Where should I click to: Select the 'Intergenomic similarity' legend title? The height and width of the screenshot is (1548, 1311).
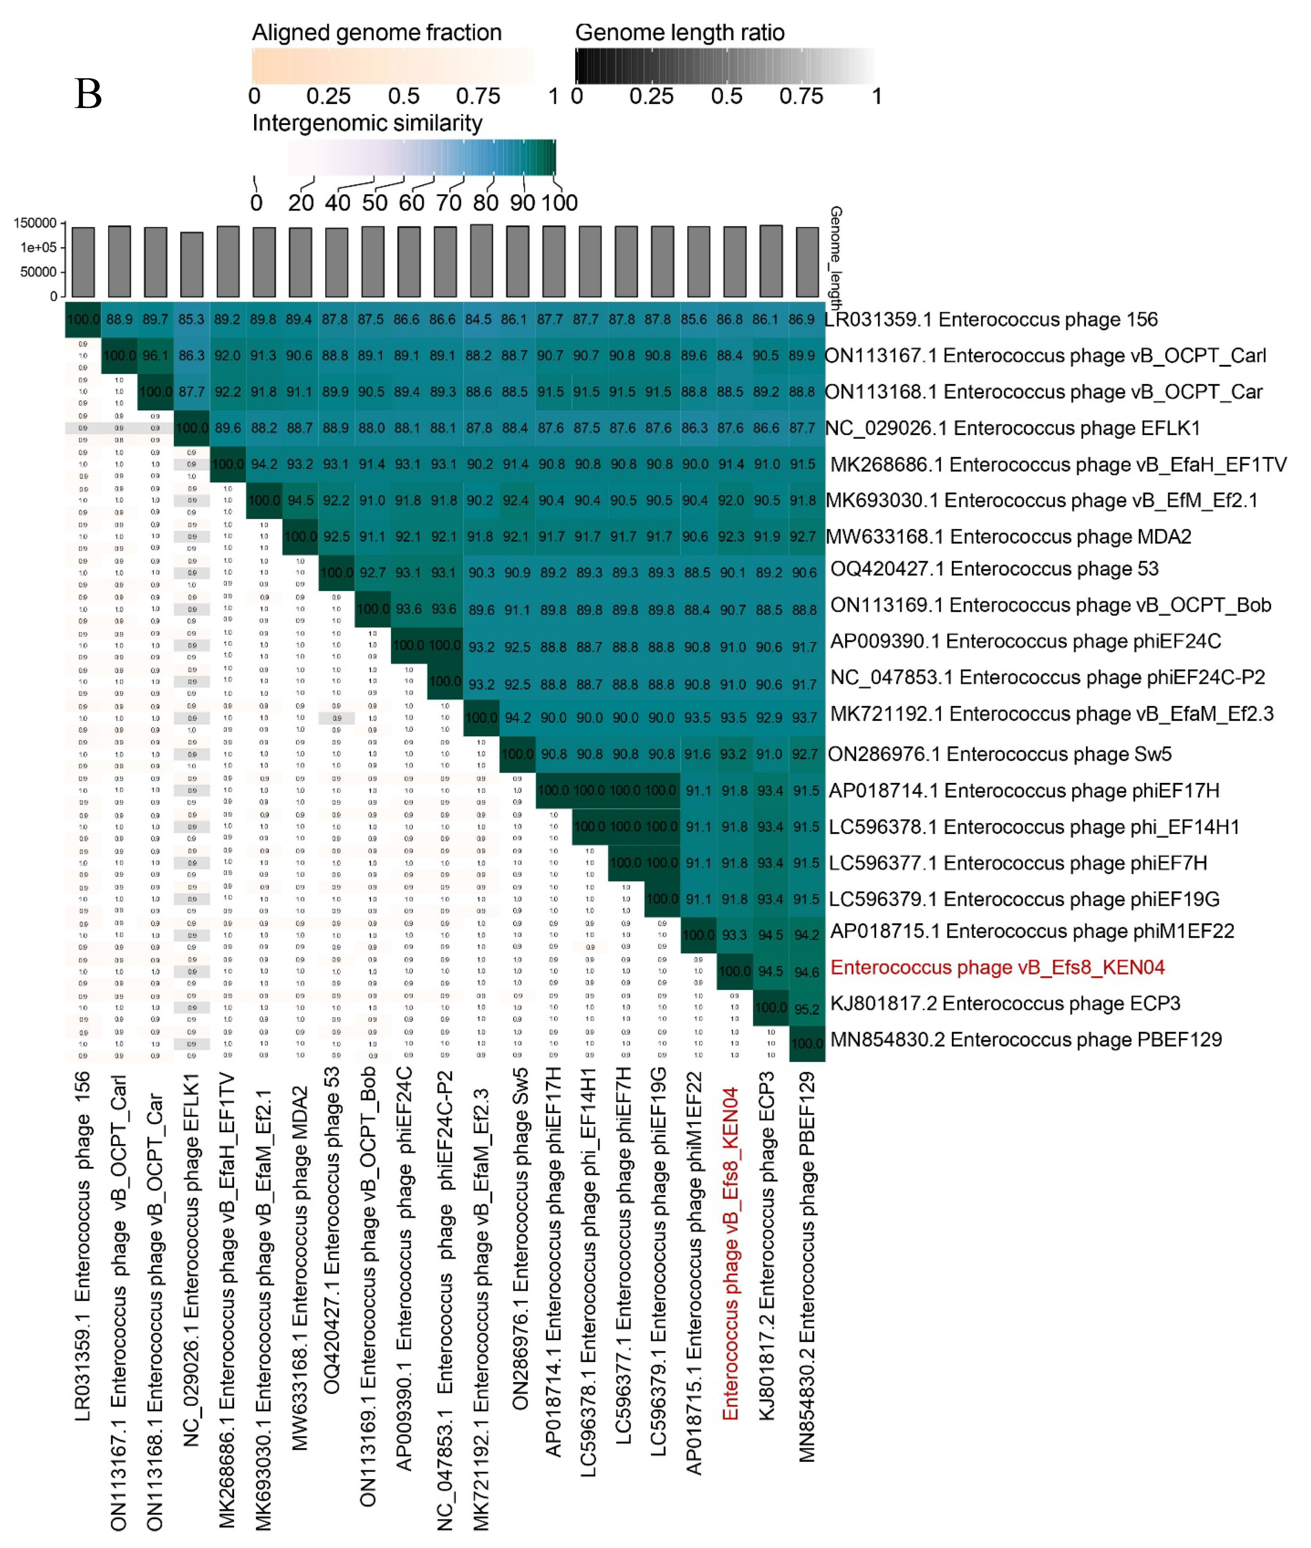pos(367,123)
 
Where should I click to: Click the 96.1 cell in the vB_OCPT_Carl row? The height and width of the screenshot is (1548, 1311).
pos(155,356)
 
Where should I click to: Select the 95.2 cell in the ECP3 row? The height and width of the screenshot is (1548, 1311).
pos(806,1009)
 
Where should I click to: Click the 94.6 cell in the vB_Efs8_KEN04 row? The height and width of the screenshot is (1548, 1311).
pos(806,972)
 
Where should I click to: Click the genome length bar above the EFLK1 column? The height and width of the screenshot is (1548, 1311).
pos(192,265)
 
